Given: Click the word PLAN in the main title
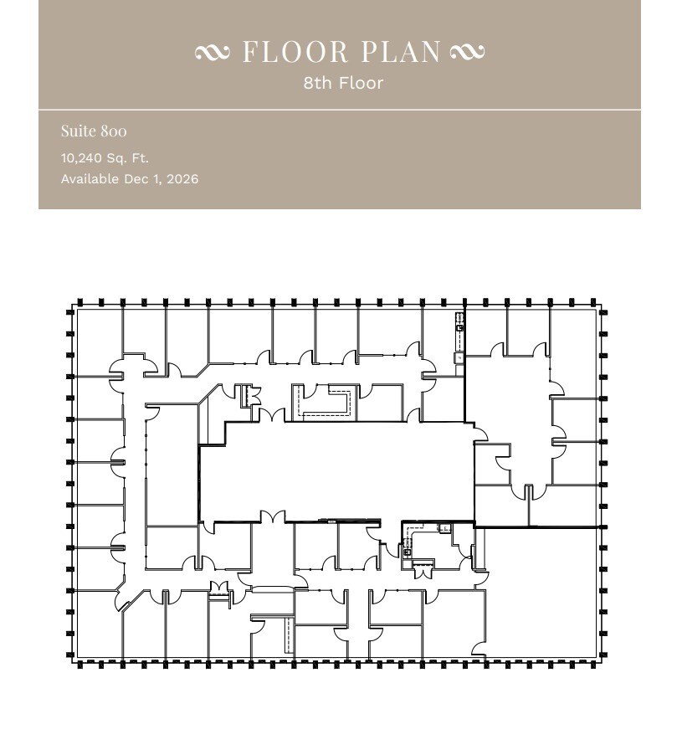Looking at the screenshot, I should [x=402, y=52].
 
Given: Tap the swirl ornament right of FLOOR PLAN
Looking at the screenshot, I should [x=466, y=53].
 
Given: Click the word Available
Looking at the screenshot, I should [x=90, y=179].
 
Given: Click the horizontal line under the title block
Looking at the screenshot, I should [x=339, y=110].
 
